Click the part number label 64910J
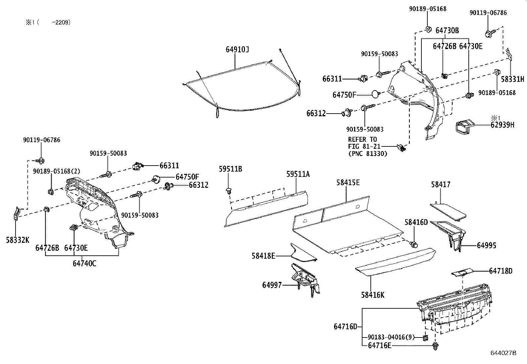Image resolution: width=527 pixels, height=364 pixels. (237, 49)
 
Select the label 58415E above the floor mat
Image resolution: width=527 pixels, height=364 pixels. (348, 182)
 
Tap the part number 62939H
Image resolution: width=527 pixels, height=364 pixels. (502, 125)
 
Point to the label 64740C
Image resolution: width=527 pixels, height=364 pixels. (84, 263)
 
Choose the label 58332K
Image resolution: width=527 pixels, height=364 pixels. (18, 240)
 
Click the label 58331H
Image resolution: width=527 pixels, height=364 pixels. (512, 79)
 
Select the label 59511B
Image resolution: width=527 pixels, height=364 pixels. (230, 169)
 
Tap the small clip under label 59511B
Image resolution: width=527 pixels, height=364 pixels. (228, 191)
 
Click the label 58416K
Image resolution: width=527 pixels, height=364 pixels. (373, 295)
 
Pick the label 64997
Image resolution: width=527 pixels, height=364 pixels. (272, 285)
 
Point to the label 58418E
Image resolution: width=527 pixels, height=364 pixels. (263, 256)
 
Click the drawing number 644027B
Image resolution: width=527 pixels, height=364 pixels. (503, 353)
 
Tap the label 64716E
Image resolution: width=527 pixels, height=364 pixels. (379, 345)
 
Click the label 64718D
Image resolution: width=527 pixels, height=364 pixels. (501, 271)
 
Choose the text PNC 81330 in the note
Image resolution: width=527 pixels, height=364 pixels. (369, 154)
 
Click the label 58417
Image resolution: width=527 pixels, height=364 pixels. (441, 184)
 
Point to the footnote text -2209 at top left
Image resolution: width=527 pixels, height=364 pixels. (61, 23)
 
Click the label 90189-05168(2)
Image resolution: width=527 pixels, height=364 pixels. (57, 171)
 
